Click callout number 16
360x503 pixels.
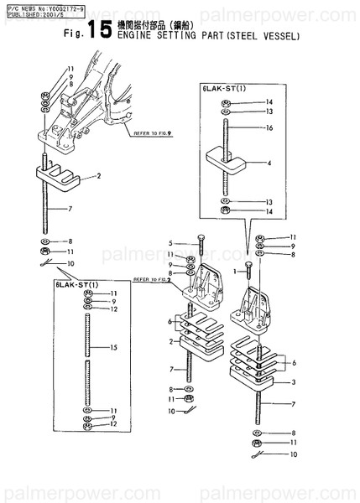[270, 129]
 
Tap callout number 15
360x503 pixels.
[114, 347]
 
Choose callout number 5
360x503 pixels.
[170, 242]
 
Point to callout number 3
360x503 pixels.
[293, 381]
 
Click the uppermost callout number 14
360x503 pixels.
[270, 101]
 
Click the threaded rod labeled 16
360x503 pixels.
[227, 131]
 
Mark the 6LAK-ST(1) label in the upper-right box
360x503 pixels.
[222, 87]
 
